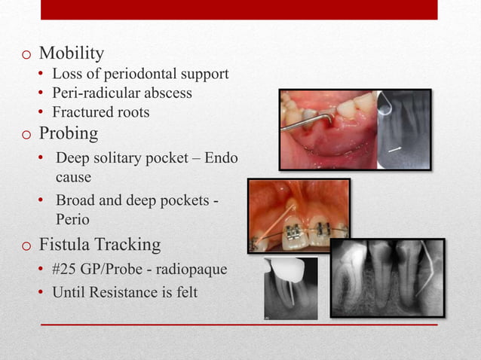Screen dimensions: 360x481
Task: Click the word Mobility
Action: pos(71,53)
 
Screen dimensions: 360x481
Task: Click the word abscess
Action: pos(165,93)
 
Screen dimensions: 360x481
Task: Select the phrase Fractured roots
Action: pos(100,112)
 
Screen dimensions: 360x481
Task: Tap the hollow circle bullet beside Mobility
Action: pos(26,55)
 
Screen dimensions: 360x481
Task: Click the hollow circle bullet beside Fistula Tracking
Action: pos(26,246)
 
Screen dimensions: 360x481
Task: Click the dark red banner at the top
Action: pos(238,9)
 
